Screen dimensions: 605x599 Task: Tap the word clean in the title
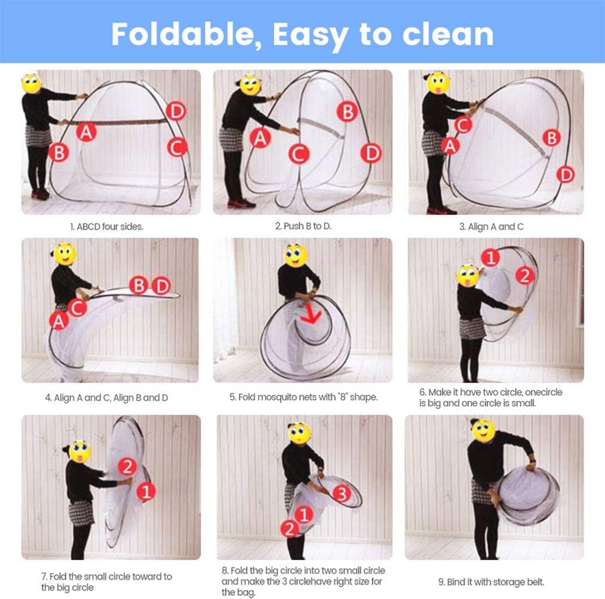pyautogui.click(x=448, y=34)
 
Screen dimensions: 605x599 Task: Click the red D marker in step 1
pyautogui.click(x=176, y=111)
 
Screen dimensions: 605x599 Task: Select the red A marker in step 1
pyautogui.click(x=86, y=132)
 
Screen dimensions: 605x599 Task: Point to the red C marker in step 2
pyautogui.click(x=299, y=154)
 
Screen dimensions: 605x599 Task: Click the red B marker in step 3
pyautogui.click(x=552, y=138)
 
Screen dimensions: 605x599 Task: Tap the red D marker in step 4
pyautogui.click(x=162, y=286)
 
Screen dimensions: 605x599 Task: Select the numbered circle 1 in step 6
pyautogui.click(x=491, y=258)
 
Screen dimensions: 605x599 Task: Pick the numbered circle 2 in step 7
pyautogui.click(x=128, y=467)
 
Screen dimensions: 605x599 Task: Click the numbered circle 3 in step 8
pyautogui.click(x=342, y=494)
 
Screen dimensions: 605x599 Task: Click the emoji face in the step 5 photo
pyautogui.click(x=295, y=256)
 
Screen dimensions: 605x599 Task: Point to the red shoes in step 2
pyautogui.click(x=241, y=204)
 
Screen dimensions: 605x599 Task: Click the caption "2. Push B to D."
pyautogui.click(x=303, y=226)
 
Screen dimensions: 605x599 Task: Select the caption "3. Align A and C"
pyautogui.click(x=492, y=227)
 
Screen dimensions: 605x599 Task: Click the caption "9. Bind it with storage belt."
pyautogui.click(x=491, y=573)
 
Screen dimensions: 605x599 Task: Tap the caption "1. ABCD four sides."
pyautogui.click(x=107, y=227)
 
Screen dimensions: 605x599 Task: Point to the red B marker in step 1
pyautogui.click(x=58, y=152)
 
